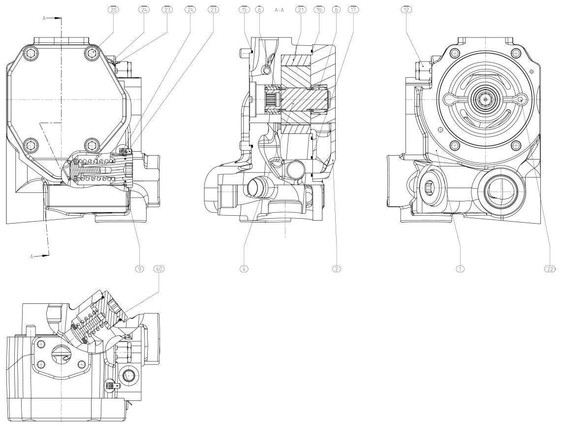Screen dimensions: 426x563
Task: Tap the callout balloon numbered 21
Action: coord(300,9)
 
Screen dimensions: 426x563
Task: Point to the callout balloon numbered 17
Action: coord(352,9)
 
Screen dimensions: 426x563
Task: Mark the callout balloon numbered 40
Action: coord(159,269)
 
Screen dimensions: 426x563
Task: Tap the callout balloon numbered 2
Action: coord(337,269)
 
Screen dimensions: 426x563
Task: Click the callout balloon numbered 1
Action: coord(460,269)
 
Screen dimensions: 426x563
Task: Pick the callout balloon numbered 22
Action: coord(550,269)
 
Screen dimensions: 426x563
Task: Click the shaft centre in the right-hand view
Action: coord(486,100)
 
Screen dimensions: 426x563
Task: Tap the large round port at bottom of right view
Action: coord(501,191)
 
